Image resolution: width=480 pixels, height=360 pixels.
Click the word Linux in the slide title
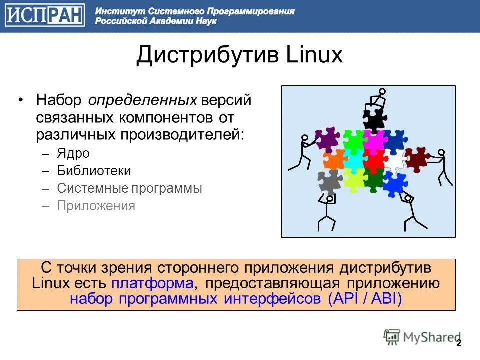pos(314,55)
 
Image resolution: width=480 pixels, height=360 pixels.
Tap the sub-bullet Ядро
pos(73,153)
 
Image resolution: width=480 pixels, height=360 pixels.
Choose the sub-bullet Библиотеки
pos(94,171)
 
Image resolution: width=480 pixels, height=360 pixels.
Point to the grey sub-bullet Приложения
pos(96,206)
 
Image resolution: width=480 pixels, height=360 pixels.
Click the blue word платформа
pos(152,283)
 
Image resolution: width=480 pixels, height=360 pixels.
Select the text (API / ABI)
pos(365,299)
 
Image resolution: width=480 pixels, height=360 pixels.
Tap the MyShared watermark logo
pos(421,337)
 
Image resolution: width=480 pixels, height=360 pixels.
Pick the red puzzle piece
pos(374,160)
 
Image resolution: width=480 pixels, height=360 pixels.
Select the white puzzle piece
pos(395,161)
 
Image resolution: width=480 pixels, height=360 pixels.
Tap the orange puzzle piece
pos(334,159)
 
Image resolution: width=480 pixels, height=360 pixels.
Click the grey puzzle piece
pos(329,182)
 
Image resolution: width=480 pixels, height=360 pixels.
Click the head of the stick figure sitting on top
pos(382,91)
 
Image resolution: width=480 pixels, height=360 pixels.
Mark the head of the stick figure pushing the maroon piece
pos(441,153)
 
